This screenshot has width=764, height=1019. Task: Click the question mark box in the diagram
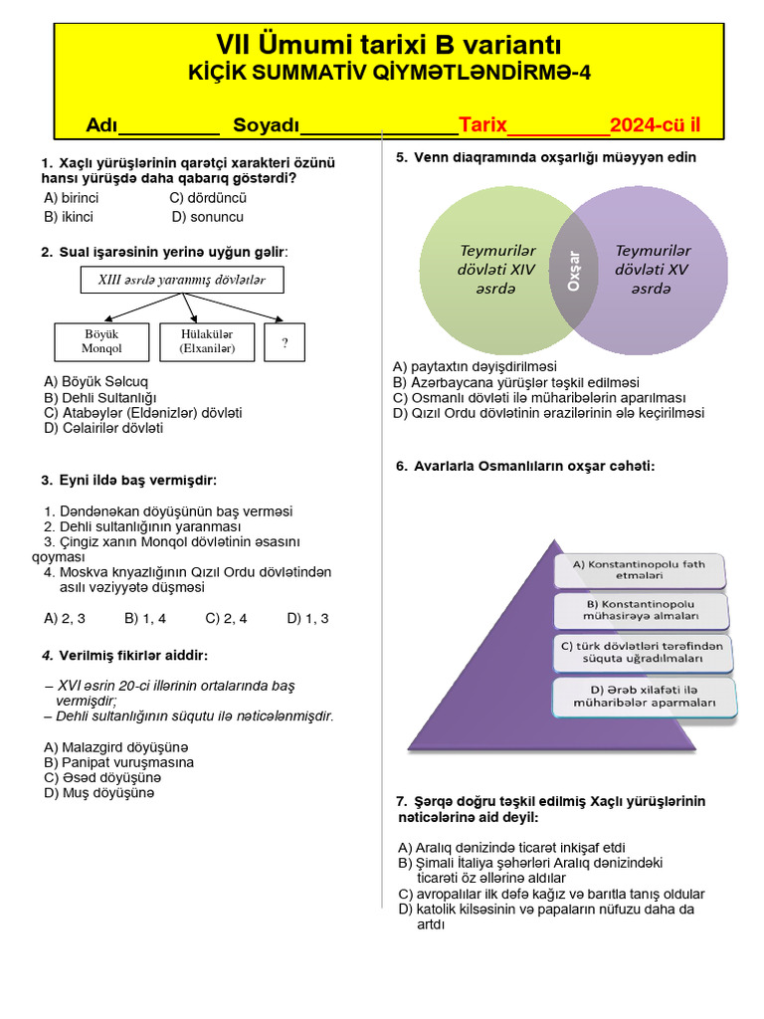tap(285, 342)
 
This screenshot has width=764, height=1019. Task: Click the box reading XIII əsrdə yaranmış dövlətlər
tap(181, 281)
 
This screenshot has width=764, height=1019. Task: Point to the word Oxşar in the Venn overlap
tap(573, 271)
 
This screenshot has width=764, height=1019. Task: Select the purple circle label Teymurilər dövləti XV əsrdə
tap(653, 269)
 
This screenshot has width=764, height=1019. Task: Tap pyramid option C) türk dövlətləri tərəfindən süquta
tap(643, 652)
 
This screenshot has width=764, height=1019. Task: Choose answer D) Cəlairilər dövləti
tap(103, 428)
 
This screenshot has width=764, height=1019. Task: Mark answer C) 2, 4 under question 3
tap(226, 618)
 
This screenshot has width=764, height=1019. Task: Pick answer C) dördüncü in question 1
tap(207, 197)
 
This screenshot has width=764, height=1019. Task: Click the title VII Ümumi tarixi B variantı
tap(389, 45)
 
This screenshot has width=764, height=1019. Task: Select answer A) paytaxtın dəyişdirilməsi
tap(475, 366)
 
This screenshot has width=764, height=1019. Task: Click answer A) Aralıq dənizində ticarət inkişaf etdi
tap(511, 847)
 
